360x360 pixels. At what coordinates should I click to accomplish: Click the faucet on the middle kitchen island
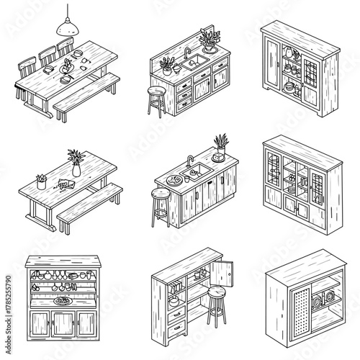tap(189, 161)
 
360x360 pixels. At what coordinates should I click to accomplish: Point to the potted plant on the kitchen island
tap(219, 144)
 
